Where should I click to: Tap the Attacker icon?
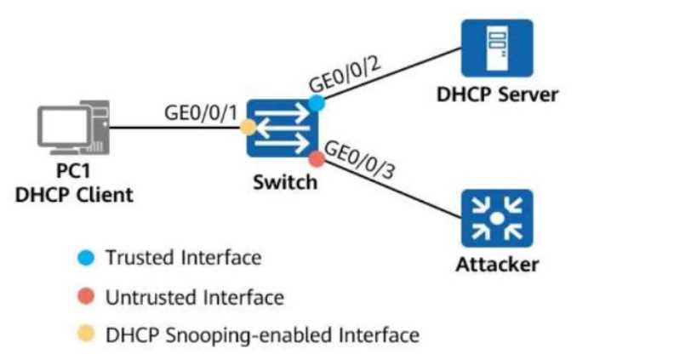click(x=496, y=219)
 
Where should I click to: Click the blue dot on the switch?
click(x=317, y=103)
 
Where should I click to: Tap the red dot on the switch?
click(x=317, y=158)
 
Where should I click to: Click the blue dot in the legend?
click(x=86, y=258)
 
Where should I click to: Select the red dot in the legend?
click(x=86, y=298)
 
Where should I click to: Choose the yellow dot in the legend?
click(x=86, y=335)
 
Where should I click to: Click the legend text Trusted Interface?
click(x=183, y=257)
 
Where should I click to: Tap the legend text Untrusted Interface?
click(x=194, y=297)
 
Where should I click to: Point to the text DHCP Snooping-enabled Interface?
click(x=262, y=335)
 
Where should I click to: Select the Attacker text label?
click(x=497, y=265)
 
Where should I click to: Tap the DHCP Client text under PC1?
click(x=75, y=195)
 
